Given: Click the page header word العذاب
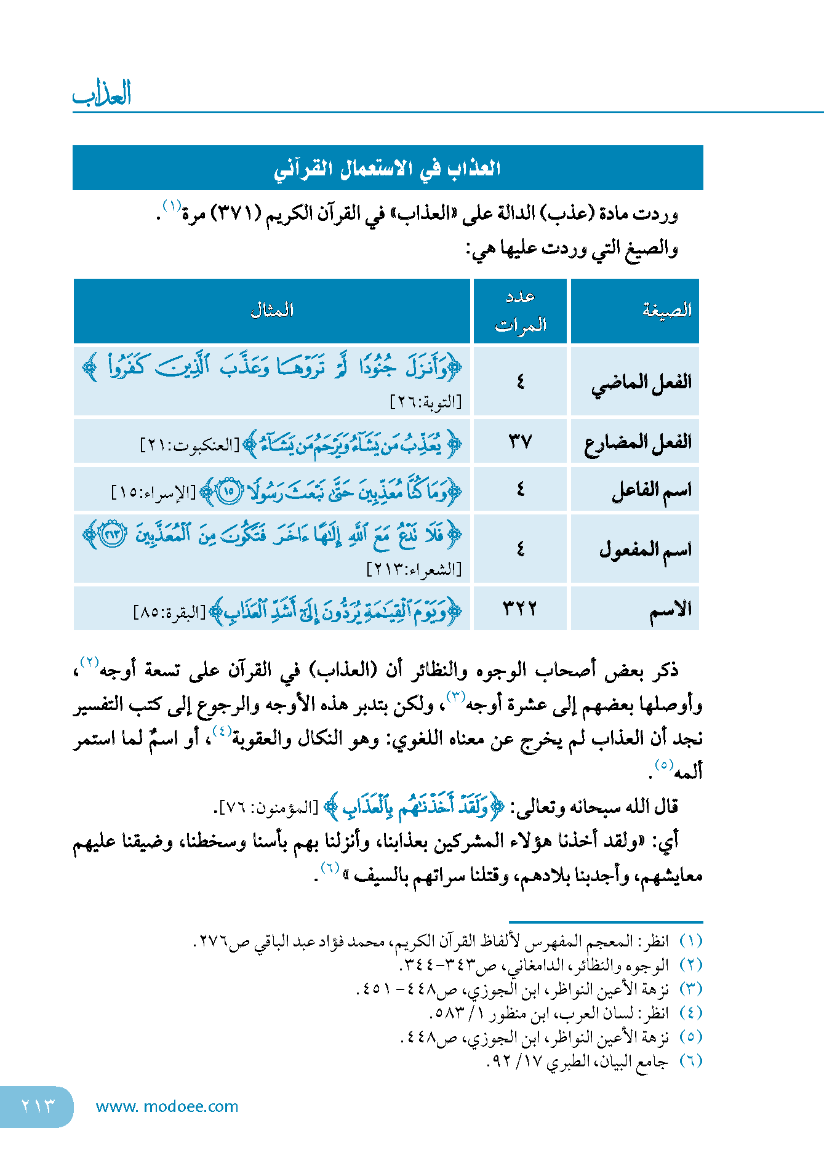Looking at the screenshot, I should [x=102, y=94].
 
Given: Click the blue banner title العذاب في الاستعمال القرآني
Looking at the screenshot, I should [x=387, y=168].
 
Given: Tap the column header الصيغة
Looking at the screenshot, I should [x=667, y=310].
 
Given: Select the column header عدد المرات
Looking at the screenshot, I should [x=521, y=311].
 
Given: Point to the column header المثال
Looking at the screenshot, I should [x=271, y=310].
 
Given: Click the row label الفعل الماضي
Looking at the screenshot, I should [x=641, y=382].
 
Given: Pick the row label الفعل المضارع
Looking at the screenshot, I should [x=638, y=442].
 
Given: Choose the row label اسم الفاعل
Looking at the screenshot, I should [x=651, y=490].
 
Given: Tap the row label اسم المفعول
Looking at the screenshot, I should [x=645, y=549].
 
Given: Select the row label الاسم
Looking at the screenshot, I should [x=670, y=609].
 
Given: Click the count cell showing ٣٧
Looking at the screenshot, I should [x=520, y=441].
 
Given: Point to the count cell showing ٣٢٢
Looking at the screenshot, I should [x=520, y=609].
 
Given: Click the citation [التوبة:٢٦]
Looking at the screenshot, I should [x=426, y=402].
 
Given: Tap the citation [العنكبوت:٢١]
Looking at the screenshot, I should [x=190, y=444].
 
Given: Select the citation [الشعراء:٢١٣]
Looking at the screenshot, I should [x=414, y=569].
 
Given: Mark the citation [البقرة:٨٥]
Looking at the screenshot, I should [x=170, y=613].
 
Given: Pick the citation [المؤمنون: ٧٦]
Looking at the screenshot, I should [x=268, y=807].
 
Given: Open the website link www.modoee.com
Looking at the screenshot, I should [x=167, y=1106].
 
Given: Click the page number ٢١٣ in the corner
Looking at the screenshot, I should [x=38, y=1106].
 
